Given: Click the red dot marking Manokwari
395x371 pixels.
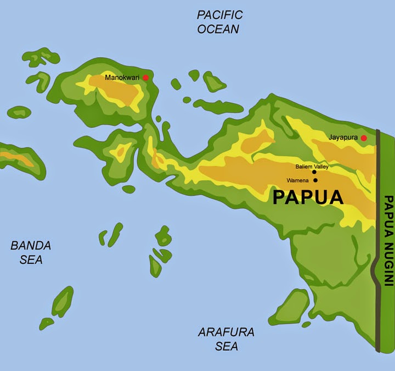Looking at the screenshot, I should pos(145,78).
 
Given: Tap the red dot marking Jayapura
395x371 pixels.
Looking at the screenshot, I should pos(364,137).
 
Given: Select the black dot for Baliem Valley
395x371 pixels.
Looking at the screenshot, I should pos(314,172).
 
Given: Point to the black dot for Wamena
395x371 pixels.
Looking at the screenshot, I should pos(315,180).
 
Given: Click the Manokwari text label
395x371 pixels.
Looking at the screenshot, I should pos(123,78).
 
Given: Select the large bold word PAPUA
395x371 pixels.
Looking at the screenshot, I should pos(308,197).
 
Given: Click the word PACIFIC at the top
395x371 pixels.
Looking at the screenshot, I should pos(220,15).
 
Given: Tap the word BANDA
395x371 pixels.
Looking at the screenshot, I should pos(31,246).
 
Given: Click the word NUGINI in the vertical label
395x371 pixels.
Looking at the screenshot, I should pos(388,263).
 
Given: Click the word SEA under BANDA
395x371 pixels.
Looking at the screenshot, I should pos(31,259).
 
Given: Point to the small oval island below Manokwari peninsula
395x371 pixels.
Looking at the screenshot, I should pos(129,189).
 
